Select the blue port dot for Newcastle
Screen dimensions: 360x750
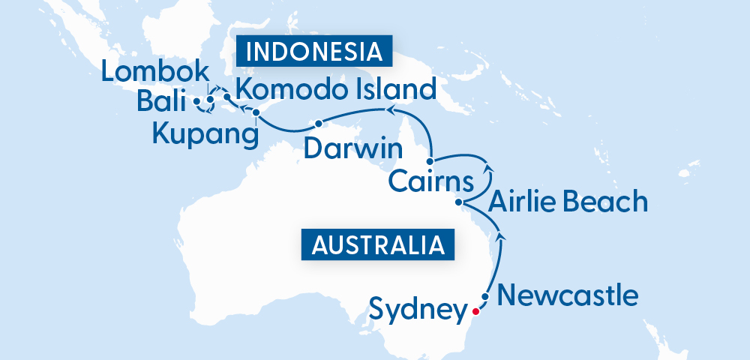(485, 297)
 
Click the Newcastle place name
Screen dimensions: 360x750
(568, 295)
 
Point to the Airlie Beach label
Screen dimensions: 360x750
(568, 202)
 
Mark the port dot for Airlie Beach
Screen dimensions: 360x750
(460, 202)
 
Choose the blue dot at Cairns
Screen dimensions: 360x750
(430, 161)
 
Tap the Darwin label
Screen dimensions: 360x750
(353, 148)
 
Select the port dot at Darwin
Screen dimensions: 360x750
(319, 123)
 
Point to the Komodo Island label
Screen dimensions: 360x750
(335, 90)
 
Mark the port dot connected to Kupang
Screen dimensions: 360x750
(256, 113)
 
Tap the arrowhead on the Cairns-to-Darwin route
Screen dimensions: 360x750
(390, 111)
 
